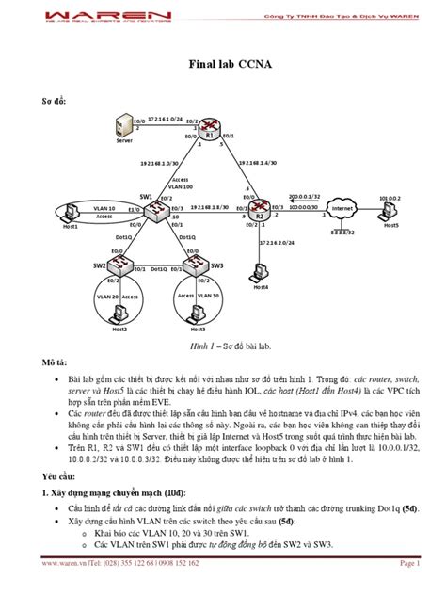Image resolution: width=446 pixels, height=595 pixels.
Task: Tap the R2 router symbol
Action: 262,209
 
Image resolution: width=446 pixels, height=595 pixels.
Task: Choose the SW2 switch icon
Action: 118,265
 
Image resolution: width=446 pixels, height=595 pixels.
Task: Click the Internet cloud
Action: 342,208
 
